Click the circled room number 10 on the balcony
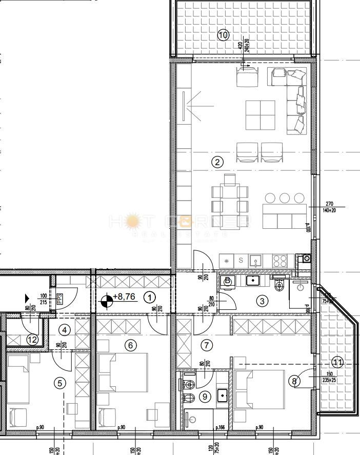coord(223,35)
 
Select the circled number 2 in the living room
coord(217,162)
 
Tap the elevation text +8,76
coord(125,296)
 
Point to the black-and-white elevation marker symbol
coord(106,302)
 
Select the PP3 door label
coord(59,299)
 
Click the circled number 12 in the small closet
coord(32,339)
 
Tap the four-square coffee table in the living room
coord(260,115)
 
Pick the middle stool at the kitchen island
coord(286,197)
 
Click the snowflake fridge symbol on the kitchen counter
coord(227,261)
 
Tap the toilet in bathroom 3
coord(279,285)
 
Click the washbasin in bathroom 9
coord(223,395)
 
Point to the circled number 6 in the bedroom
coord(130,345)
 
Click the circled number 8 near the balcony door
coord(294,381)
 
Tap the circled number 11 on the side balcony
coord(337,361)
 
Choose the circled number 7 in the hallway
coord(207,345)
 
